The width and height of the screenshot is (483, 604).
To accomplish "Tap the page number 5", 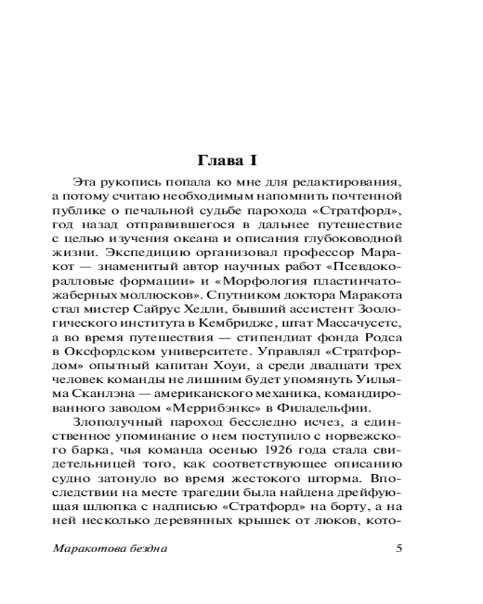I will pos(397,548).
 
